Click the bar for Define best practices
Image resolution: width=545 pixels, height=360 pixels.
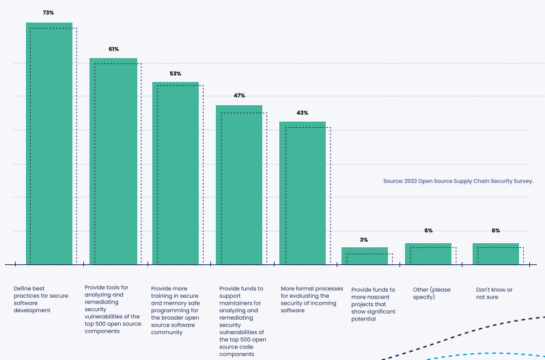pos(49,143)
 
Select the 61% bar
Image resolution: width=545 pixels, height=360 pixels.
pos(113,161)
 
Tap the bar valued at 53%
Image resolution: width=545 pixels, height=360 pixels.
pos(176,173)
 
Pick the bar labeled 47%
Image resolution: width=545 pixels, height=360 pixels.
pos(239,184)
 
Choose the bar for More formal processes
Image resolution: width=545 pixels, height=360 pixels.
pos(303,193)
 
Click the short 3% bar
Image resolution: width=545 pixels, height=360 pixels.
pos(365,255)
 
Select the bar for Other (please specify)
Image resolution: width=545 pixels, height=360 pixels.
pos(428,253)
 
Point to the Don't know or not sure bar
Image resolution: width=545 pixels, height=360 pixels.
pos(496,253)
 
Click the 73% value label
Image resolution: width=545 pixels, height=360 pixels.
pos(48,12)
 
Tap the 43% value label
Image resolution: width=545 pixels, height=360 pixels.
pos(303,113)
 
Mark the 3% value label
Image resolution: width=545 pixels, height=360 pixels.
pos(364,240)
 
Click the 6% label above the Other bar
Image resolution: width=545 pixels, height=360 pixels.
pos(428,231)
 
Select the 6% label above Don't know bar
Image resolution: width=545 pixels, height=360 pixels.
pos(496,231)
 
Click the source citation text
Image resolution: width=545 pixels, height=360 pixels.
pos(458,182)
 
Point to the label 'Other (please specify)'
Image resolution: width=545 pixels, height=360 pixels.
pos(432,293)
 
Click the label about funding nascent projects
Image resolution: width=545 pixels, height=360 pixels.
pos(373,304)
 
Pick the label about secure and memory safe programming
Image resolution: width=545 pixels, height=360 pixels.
pos(174,310)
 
